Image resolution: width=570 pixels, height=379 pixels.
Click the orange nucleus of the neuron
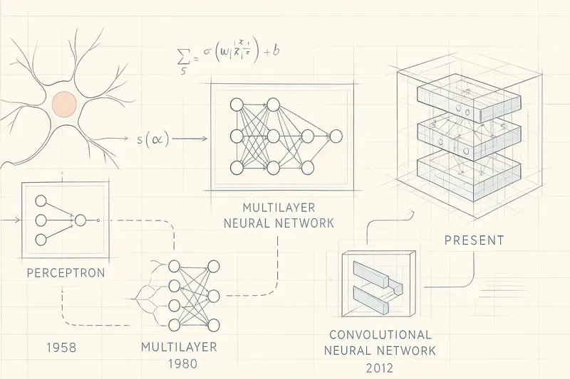click(x=64, y=105)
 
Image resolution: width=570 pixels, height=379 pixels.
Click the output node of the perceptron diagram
click(x=80, y=220)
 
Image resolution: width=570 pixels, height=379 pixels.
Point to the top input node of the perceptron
click(x=42, y=201)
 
